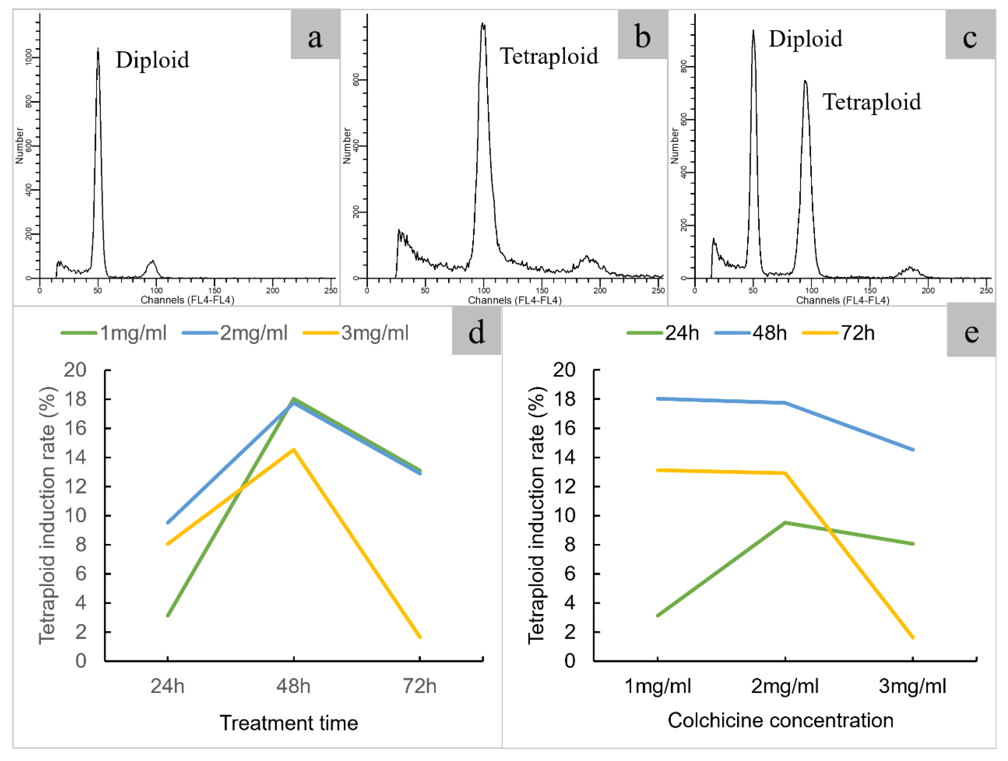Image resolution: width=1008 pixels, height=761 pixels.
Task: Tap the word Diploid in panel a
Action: (x=152, y=60)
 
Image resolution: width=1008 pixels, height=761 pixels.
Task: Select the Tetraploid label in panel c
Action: (x=871, y=102)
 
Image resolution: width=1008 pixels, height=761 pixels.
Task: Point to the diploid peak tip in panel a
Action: (x=98, y=49)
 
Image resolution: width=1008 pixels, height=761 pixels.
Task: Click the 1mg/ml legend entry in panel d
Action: (x=114, y=333)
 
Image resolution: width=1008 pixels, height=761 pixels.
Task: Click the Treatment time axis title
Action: (x=289, y=723)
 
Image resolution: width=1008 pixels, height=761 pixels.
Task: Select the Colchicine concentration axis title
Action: (x=780, y=720)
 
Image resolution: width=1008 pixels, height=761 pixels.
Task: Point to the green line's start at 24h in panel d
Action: (x=168, y=616)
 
